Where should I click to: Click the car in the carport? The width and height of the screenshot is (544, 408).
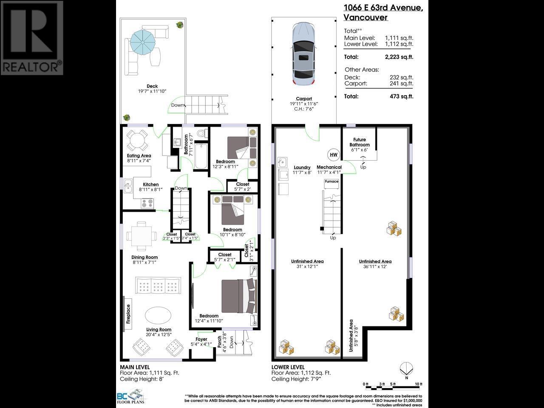pos(304,54)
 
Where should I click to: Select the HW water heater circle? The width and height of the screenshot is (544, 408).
pos(333,155)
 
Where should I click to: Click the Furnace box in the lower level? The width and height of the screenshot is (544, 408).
pos(331,181)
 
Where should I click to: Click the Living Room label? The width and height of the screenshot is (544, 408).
pos(159,329)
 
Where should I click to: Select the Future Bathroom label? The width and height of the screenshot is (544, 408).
pos(360,142)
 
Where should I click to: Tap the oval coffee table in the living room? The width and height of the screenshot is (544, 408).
pos(158,315)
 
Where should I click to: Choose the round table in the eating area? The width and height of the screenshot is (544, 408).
pos(138,140)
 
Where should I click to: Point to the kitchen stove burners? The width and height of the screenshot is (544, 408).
pos(147,203)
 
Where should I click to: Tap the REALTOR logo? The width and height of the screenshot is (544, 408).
pos(32,38)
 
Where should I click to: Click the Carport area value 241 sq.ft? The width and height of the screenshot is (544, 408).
pos(401,83)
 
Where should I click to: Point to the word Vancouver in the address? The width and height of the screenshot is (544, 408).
pos(365,17)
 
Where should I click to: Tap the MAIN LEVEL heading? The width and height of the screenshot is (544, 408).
pos(135,367)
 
